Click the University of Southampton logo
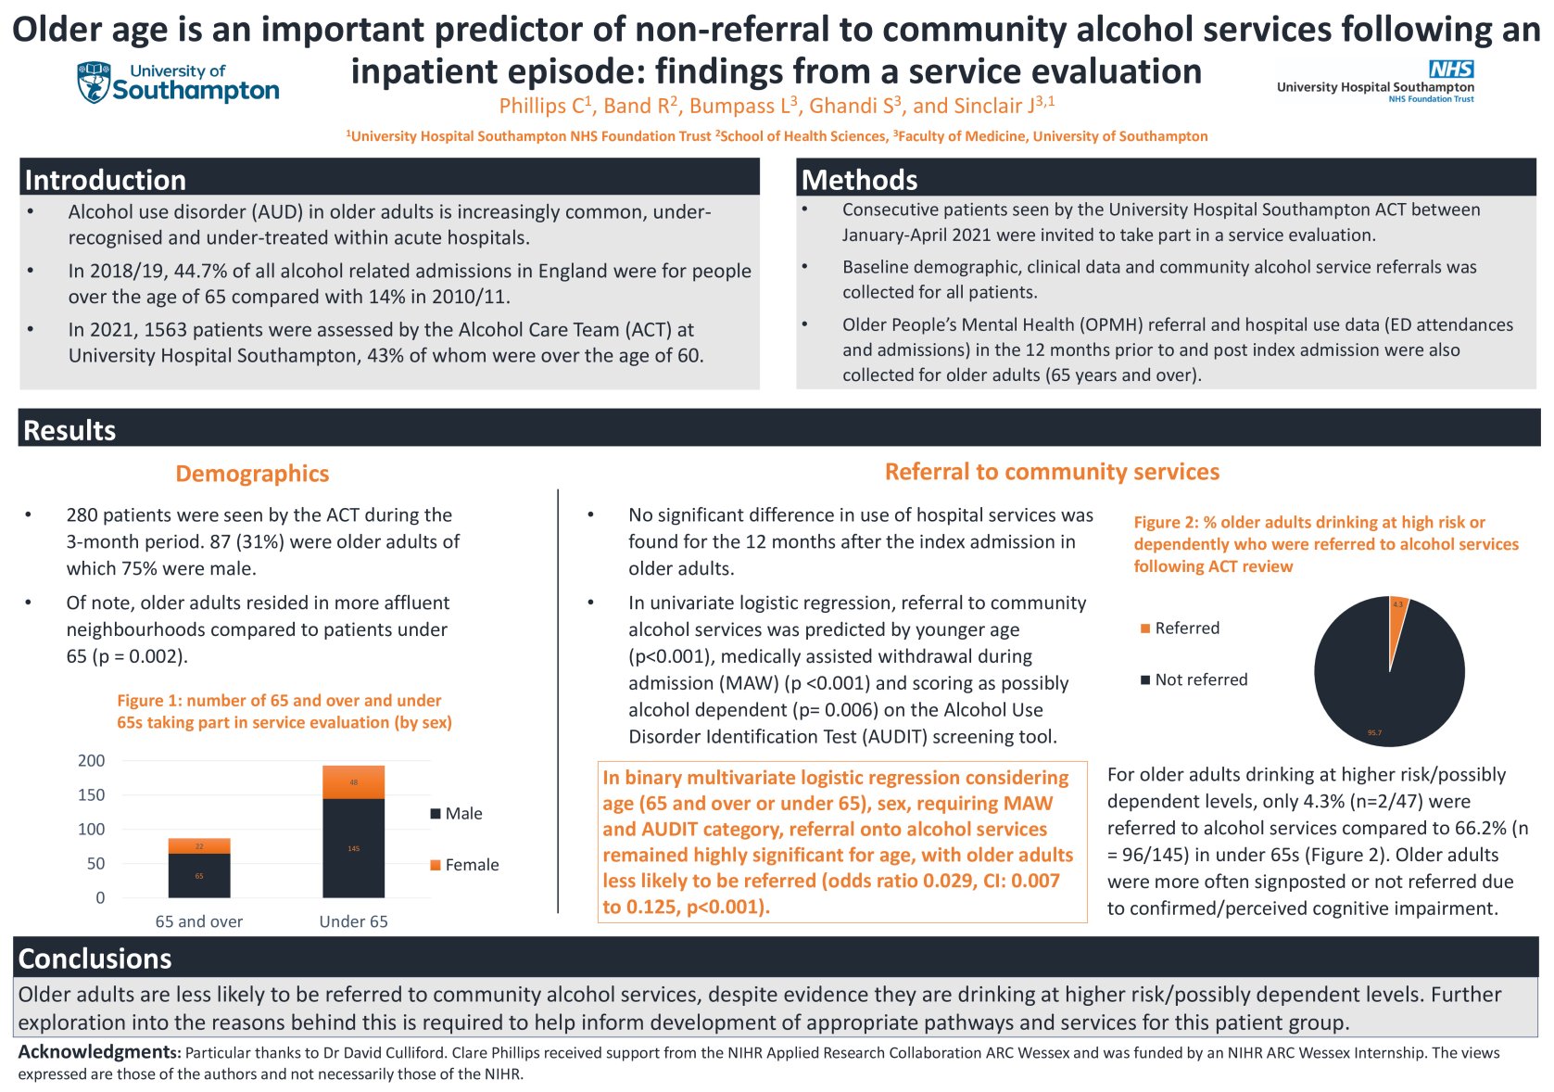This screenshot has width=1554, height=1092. tap(178, 83)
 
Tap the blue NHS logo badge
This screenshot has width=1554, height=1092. tap(1450, 70)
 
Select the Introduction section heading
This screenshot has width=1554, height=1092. tap(105, 179)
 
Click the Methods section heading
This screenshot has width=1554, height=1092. tap(859, 179)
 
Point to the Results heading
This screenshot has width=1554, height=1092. tap(69, 430)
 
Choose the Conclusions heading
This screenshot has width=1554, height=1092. tap(95, 958)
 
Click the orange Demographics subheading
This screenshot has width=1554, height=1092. tap(252, 474)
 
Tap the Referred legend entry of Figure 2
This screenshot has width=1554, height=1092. tap(1180, 629)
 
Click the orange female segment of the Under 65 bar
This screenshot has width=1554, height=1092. tap(353, 782)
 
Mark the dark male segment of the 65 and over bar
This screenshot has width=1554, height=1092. tap(199, 875)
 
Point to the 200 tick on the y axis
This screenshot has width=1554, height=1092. tap(92, 761)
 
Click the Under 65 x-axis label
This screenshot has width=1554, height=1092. tap(353, 921)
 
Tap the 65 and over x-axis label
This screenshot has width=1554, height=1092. tap(199, 921)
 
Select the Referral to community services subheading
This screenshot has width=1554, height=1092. tap(1052, 472)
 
